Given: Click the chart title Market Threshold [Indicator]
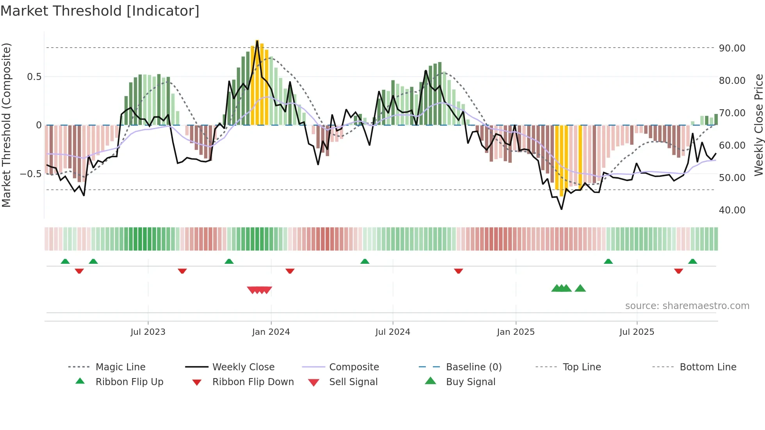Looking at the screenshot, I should coord(100,11).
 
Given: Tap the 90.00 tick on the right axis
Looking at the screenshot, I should coord(732,48).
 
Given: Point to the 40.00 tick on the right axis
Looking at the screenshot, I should coord(732,210).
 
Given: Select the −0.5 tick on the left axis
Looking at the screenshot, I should coord(30,174).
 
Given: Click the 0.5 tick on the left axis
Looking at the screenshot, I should coord(34,76).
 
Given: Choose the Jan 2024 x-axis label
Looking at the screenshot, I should coord(271,332).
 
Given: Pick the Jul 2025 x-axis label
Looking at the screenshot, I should coord(637,332).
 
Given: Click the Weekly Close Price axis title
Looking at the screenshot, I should coord(758,125).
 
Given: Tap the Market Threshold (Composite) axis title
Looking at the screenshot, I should coord(6,125).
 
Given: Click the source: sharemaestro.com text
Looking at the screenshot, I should coord(687,306).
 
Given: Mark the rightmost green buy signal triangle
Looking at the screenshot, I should coord(580,288).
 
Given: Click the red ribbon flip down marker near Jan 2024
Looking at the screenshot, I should coord(290,271).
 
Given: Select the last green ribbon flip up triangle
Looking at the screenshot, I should coord(692,261).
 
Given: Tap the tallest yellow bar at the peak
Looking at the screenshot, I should coord(257,82).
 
